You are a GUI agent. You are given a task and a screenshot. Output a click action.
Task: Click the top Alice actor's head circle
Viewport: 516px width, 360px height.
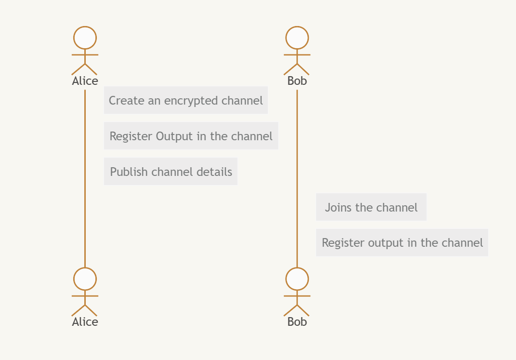(x=85, y=38)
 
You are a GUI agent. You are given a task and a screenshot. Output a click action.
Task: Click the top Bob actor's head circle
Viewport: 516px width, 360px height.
(x=297, y=38)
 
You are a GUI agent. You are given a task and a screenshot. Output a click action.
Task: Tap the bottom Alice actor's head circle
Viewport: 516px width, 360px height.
(x=85, y=279)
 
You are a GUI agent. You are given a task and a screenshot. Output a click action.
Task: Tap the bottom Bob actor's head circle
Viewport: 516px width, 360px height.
(x=297, y=279)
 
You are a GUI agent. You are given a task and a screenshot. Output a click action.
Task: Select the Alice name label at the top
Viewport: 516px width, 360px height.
(x=85, y=81)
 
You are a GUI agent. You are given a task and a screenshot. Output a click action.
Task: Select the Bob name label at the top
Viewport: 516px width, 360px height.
(x=297, y=81)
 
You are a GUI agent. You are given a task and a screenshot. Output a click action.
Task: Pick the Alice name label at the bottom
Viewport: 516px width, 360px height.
(x=85, y=322)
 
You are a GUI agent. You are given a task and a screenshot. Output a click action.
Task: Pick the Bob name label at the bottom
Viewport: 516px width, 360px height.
(x=297, y=322)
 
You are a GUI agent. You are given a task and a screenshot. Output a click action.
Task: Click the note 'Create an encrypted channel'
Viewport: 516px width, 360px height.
(x=185, y=100)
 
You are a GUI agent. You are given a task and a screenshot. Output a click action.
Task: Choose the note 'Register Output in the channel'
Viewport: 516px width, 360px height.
(x=191, y=136)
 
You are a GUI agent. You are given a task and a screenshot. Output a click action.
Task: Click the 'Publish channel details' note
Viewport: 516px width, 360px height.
(x=171, y=172)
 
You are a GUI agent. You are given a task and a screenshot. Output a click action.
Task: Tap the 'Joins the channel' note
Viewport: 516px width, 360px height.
(x=371, y=207)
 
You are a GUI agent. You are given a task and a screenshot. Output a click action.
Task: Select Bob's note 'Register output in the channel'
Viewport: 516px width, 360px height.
(x=402, y=242)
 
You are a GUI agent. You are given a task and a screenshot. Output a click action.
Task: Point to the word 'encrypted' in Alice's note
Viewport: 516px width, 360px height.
(x=191, y=101)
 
